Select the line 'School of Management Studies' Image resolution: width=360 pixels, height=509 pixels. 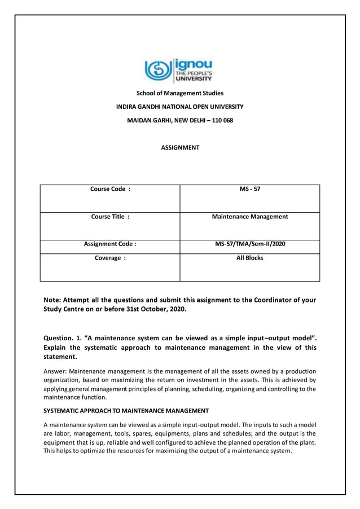[179, 93]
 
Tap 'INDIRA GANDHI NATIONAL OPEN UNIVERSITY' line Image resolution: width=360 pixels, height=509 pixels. [179, 107]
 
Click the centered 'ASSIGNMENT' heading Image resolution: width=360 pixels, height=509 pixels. [180, 148]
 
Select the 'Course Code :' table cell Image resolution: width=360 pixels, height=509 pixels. [110, 190]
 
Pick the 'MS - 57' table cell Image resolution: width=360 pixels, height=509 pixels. [249, 190]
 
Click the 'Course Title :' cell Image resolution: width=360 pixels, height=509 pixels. [110, 217]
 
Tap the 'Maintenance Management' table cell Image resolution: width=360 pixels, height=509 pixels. [249, 217]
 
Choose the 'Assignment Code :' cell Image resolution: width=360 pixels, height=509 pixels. [110, 244]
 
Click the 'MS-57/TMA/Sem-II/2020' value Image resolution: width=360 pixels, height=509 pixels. [249, 244]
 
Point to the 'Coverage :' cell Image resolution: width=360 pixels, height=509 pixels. [110, 258]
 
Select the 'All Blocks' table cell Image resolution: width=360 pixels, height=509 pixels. [249, 258]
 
